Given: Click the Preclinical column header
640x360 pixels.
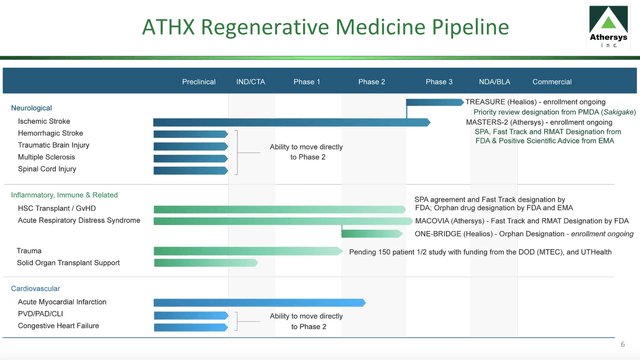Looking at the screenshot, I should tap(198, 82).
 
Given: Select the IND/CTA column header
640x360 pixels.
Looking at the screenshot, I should tap(251, 82).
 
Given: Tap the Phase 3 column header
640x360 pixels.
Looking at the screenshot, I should tap(438, 82).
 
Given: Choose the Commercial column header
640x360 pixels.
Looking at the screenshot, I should tap(551, 82).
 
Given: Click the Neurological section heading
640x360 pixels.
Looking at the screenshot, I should tap(31, 108).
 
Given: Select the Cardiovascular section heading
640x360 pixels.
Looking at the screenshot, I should tap(36, 288).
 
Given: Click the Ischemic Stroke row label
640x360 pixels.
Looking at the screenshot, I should tap(44, 121).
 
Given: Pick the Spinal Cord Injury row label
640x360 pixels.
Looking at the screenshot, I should tap(47, 169).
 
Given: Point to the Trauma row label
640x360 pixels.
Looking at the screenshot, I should tap(29, 250).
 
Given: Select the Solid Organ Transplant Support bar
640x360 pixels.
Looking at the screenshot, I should tap(205, 263).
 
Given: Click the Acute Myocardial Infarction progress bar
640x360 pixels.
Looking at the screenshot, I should tap(259, 302).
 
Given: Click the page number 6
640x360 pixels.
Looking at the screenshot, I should tap(621, 345).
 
